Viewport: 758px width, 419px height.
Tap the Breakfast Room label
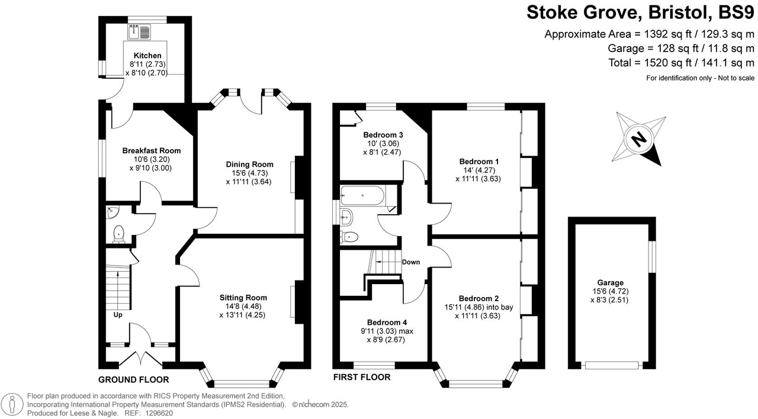152,151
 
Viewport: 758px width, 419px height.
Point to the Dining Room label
249,164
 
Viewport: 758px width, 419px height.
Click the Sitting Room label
243,298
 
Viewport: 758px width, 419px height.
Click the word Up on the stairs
118,315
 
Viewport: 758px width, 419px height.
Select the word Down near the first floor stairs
411,262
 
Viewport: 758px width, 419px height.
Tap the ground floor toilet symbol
119,233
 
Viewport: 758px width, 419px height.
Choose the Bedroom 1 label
479,161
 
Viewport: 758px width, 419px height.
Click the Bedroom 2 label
478,298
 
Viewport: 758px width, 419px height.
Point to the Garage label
610,283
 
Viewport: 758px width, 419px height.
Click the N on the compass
638,140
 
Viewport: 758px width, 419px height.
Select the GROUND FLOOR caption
133,380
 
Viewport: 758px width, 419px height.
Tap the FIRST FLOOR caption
361,377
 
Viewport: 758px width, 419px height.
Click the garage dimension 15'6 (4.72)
610,291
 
